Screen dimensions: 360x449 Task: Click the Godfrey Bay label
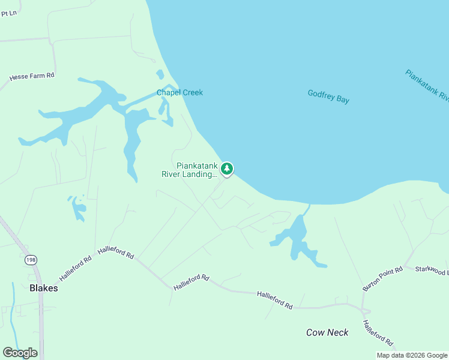pos(328,96)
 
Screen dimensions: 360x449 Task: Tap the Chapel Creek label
pos(179,92)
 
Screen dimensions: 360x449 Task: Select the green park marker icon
pos(226,169)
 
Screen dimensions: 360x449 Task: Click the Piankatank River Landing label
pos(189,170)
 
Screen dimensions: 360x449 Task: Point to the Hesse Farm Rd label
pos(32,77)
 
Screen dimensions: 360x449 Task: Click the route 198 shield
pos(30,260)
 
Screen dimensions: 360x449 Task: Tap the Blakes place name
pos(44,288)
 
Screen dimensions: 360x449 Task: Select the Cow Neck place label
pos(327,332)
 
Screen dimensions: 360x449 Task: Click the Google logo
pos(20,353)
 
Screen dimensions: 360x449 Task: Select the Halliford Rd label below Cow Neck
pos(378,333)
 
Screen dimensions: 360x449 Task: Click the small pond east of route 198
pos(77,208)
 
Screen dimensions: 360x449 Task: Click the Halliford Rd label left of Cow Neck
pos(274,299)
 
